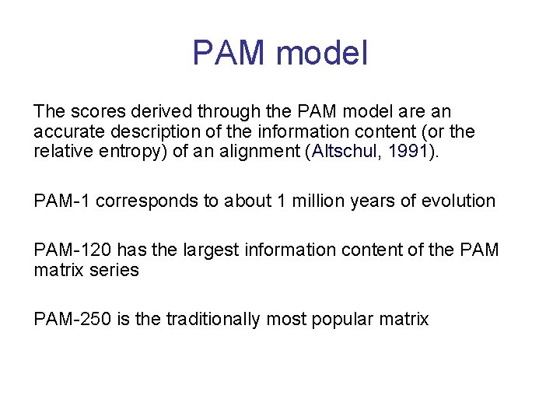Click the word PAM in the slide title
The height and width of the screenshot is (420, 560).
pos(229,53)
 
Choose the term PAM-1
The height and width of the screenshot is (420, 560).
pos(61,201)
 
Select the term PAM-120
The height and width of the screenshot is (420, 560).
pos(68,250)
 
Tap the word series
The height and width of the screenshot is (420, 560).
pos(114,270)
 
